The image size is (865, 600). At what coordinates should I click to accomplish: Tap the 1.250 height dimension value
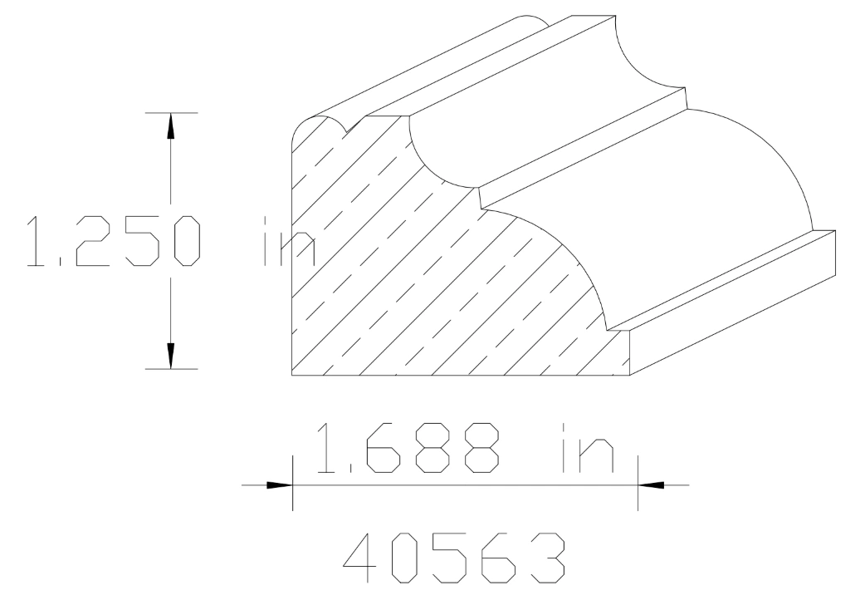[113, 241]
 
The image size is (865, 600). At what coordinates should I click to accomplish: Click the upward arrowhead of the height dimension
[171, 125]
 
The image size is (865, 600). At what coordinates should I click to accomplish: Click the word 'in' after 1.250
[286, 241]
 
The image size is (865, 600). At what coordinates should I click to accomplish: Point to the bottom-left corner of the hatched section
[293, 375]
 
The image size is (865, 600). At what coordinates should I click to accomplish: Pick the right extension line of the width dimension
[638, 482]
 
